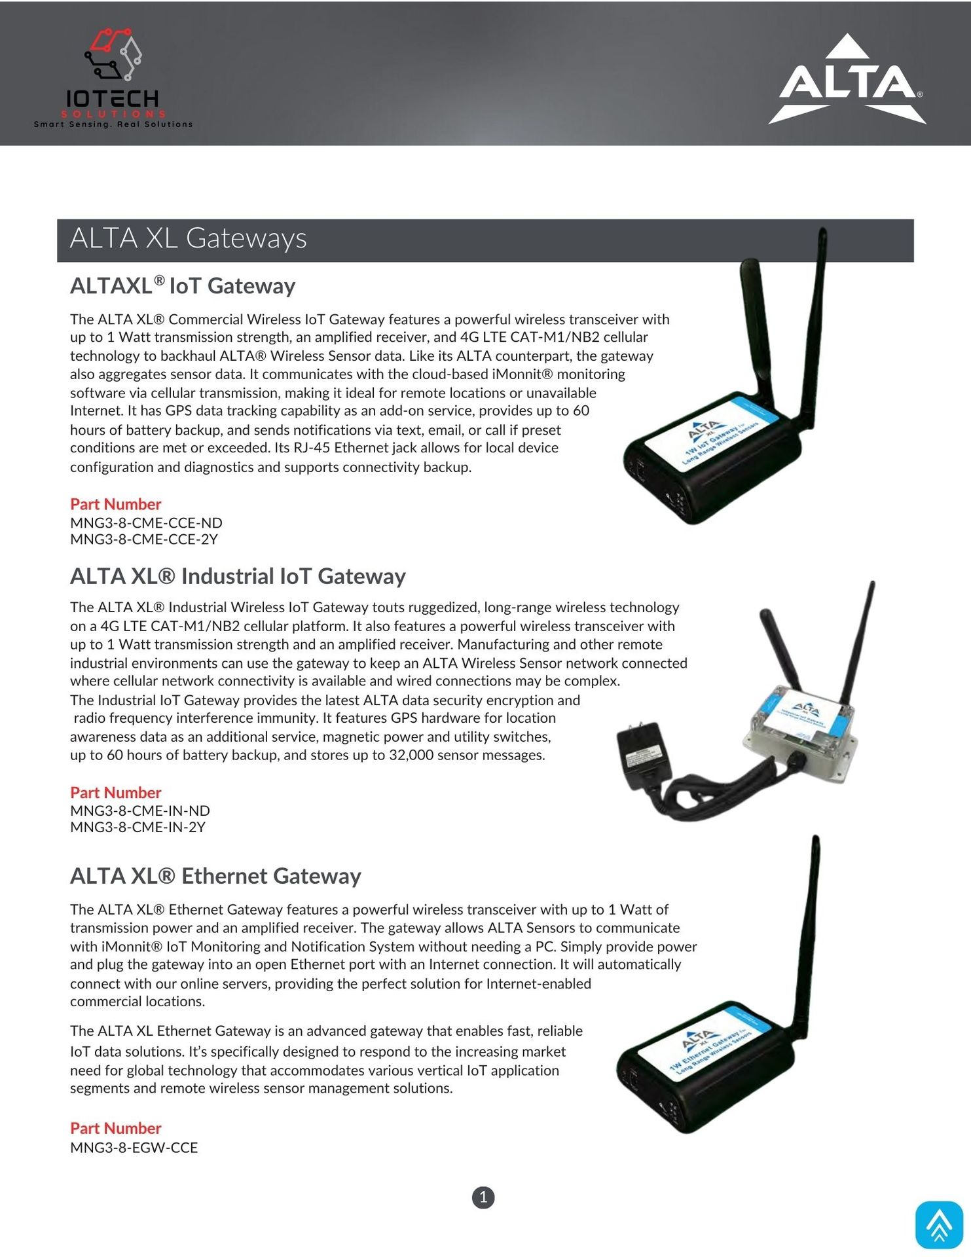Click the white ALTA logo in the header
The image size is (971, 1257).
point(848,80)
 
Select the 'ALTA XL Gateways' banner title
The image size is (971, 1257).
point(188,238)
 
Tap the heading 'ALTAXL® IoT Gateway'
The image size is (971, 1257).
point(183,286)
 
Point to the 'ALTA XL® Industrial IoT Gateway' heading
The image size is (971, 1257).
point(238,576)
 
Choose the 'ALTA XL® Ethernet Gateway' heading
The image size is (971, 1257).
point(215,876)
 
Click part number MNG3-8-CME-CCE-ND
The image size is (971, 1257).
point(146,523)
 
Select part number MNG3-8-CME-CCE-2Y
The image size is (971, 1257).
point(144,539)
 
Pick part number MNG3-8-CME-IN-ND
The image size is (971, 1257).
point(140,811)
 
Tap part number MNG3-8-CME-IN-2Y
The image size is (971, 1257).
point(138,827)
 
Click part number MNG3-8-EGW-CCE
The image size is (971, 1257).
point(134,1148)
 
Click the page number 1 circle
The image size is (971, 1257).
point(483,1197)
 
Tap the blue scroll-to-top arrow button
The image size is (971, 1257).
point(939,1225)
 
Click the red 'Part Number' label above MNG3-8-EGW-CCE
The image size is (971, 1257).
point(115,1128)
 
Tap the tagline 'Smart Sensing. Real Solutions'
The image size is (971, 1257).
point(113,124)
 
